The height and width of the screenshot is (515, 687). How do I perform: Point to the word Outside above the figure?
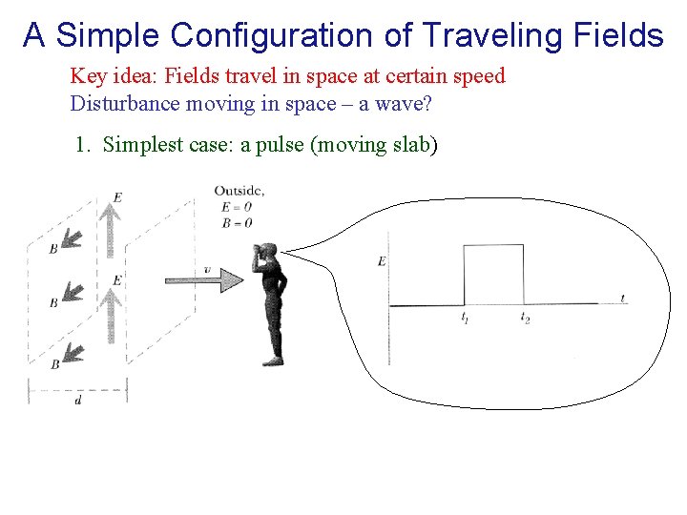coord(238,191)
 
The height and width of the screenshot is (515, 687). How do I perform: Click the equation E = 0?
coord(236,207)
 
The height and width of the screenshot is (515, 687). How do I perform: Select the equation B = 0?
coord(236,222)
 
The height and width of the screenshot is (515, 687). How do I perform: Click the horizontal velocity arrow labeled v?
coord(204,279)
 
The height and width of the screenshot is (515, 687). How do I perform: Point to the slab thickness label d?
coord(77,402)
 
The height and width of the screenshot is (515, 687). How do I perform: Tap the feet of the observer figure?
coord(273,360)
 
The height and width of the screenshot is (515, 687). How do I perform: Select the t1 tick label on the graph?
coord(464,318)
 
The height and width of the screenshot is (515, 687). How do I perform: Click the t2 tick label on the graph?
coord(525,318)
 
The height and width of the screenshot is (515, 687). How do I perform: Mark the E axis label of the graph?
coord(382,261)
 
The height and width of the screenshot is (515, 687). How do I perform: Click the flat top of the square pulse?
coord(493,245)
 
